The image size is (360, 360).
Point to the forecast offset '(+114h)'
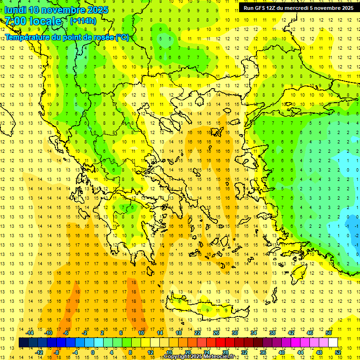pos(83,21)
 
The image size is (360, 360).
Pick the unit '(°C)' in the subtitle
pos(122,37)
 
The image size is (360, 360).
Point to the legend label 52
pos(338,352)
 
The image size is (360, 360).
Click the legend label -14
pos(30,333)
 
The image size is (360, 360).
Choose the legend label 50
pos(329,333)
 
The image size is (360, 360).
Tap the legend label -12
pos(39,352)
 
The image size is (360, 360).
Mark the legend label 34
pos(254,333)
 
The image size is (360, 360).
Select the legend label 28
pos(225,352)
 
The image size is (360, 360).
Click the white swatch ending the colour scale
pos(333,343)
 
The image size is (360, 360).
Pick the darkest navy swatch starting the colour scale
pos(23,343)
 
